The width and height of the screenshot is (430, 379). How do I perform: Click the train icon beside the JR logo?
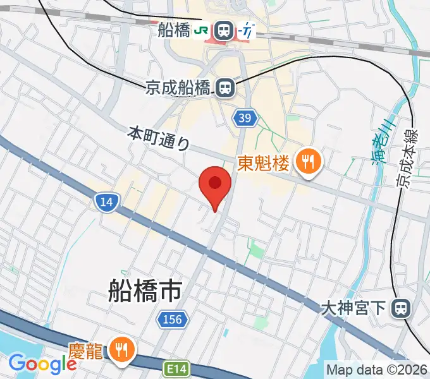click(223, 30)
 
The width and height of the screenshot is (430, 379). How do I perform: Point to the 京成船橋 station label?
click(178, 88)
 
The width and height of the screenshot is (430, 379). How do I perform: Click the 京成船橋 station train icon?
click(224, 88)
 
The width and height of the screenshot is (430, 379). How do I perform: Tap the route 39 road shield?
click(246, 117)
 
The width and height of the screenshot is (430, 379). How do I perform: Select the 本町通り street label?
click(159, 137)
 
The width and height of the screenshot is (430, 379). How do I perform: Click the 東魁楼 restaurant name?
click(263, 164)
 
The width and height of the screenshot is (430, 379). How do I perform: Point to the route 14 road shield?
click(106, 202)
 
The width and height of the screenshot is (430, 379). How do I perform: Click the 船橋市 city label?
click(145, 292)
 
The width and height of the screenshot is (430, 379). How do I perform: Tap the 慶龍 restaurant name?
click(85, 351)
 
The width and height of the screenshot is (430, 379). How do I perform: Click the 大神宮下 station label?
click(353, 309)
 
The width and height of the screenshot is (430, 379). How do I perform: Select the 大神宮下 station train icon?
click(400, 309)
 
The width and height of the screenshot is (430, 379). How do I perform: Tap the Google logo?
click(42, 364)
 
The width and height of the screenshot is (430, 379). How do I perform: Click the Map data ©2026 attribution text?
click(377, 369)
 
